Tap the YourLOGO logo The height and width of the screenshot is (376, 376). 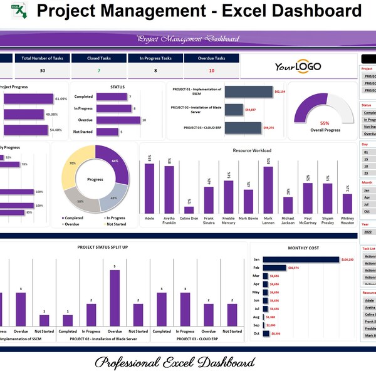pos(297,67)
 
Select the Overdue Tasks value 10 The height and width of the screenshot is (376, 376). pos(211,71)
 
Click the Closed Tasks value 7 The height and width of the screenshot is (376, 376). pos(99,71)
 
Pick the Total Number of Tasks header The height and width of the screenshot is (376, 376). pos(42,58)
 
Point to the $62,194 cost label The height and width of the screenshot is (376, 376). pos(279,91)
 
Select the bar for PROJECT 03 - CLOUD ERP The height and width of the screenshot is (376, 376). pos(243,128)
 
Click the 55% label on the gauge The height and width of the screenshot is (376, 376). pos(325,123)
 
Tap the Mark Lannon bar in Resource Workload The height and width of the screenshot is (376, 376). pos(268,191)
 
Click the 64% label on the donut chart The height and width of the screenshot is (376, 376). pos(115,161)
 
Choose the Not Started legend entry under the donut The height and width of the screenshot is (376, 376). pos(115,224)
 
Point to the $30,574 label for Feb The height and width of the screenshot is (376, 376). pos(297,268)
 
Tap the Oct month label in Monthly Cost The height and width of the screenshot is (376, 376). pos(256,333)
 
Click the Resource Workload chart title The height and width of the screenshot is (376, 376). pos(252,150)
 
